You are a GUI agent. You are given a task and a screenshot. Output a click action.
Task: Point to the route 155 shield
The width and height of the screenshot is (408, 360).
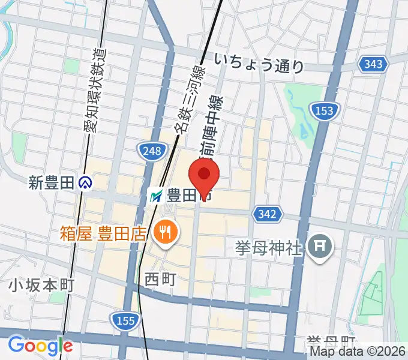point(124,320)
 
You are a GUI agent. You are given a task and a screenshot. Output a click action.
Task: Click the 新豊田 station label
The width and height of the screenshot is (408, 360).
point(52,182)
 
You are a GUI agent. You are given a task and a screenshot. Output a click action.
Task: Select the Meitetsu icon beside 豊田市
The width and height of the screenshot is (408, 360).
point(156,196)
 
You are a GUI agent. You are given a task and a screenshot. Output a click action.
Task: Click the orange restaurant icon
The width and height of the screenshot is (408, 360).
point(163,232)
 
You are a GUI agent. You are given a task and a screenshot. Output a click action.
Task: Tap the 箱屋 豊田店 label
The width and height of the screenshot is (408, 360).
point(103,232)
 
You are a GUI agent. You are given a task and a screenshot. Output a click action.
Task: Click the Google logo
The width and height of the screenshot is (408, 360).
point(40,346)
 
